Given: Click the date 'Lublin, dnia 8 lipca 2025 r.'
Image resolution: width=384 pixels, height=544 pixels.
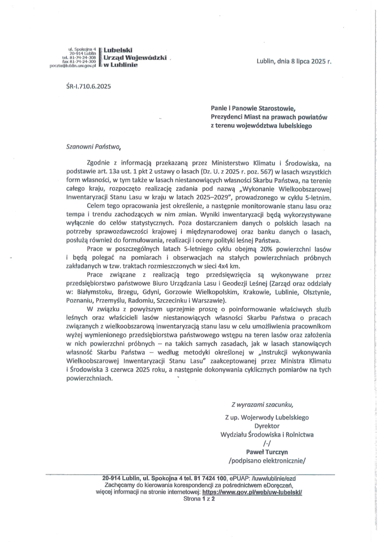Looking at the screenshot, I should tap(294, 62).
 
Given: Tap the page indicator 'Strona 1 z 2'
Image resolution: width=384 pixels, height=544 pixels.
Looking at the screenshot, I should tap(199, 499).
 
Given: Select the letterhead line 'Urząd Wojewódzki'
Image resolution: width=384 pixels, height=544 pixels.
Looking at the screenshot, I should tap(135, 57).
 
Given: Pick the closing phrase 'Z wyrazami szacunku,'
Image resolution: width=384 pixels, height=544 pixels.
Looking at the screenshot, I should tap(261, 404).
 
